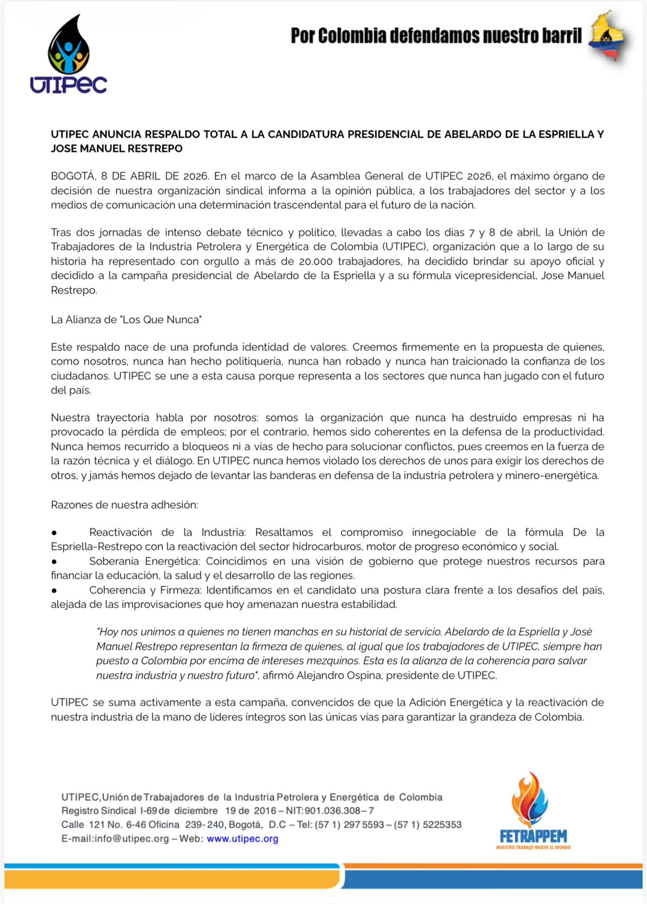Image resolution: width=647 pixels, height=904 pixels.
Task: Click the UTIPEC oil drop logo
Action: point(68,54)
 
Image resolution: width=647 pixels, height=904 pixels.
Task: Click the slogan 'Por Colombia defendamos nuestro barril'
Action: point(436,36)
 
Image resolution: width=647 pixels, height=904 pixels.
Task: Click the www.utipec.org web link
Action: point(242,839)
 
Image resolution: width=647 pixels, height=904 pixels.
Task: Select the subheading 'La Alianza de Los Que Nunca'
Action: point(126,320)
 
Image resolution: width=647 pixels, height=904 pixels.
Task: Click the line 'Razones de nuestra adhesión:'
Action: point(125,505)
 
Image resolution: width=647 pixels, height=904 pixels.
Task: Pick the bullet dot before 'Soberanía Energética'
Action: point(54,562)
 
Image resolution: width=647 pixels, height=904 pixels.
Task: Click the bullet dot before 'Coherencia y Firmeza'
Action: point(54,591)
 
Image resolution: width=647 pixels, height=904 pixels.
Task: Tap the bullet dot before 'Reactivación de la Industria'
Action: point(54,533)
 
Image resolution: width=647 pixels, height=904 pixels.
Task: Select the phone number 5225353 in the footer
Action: point(442,825)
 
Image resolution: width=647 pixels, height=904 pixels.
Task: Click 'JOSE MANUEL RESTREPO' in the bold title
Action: point(116,149)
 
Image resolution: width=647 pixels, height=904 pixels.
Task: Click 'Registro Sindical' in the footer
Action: point(99,811)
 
